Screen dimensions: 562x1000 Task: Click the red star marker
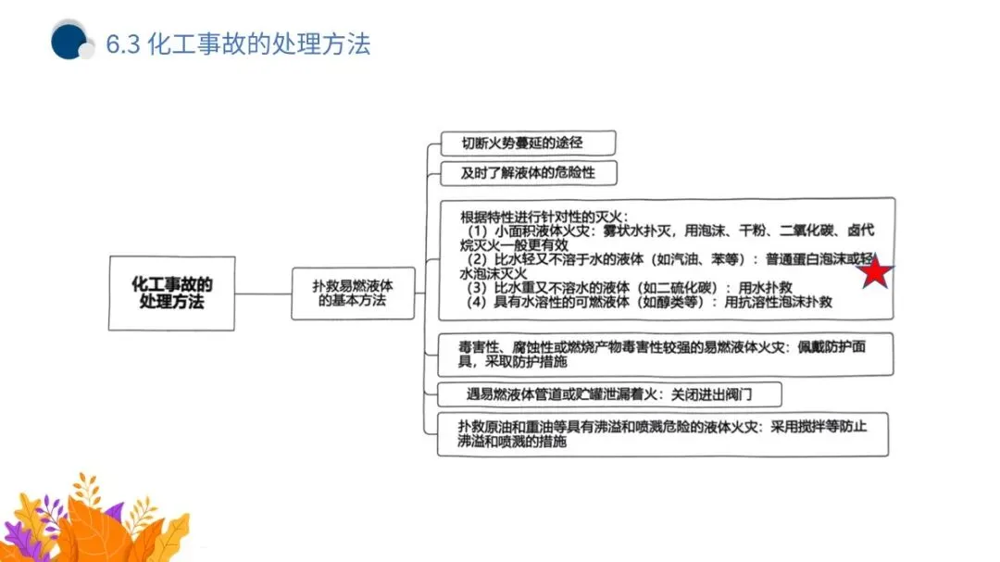875,271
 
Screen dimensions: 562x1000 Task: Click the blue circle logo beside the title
69,42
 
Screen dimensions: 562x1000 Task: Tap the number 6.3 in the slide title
121,44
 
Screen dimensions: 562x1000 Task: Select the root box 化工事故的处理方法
171,293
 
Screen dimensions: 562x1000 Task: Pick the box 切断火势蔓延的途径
526,144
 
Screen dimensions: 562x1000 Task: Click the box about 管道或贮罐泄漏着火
609,393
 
